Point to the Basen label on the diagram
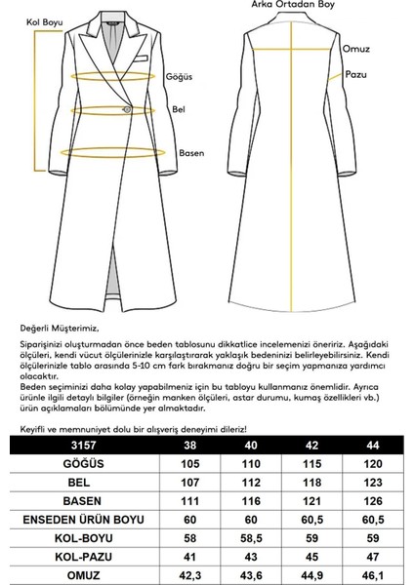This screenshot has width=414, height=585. click(190, 152)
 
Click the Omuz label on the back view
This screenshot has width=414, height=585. click(355, 47)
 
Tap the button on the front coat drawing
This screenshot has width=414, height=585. click(124, 107)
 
